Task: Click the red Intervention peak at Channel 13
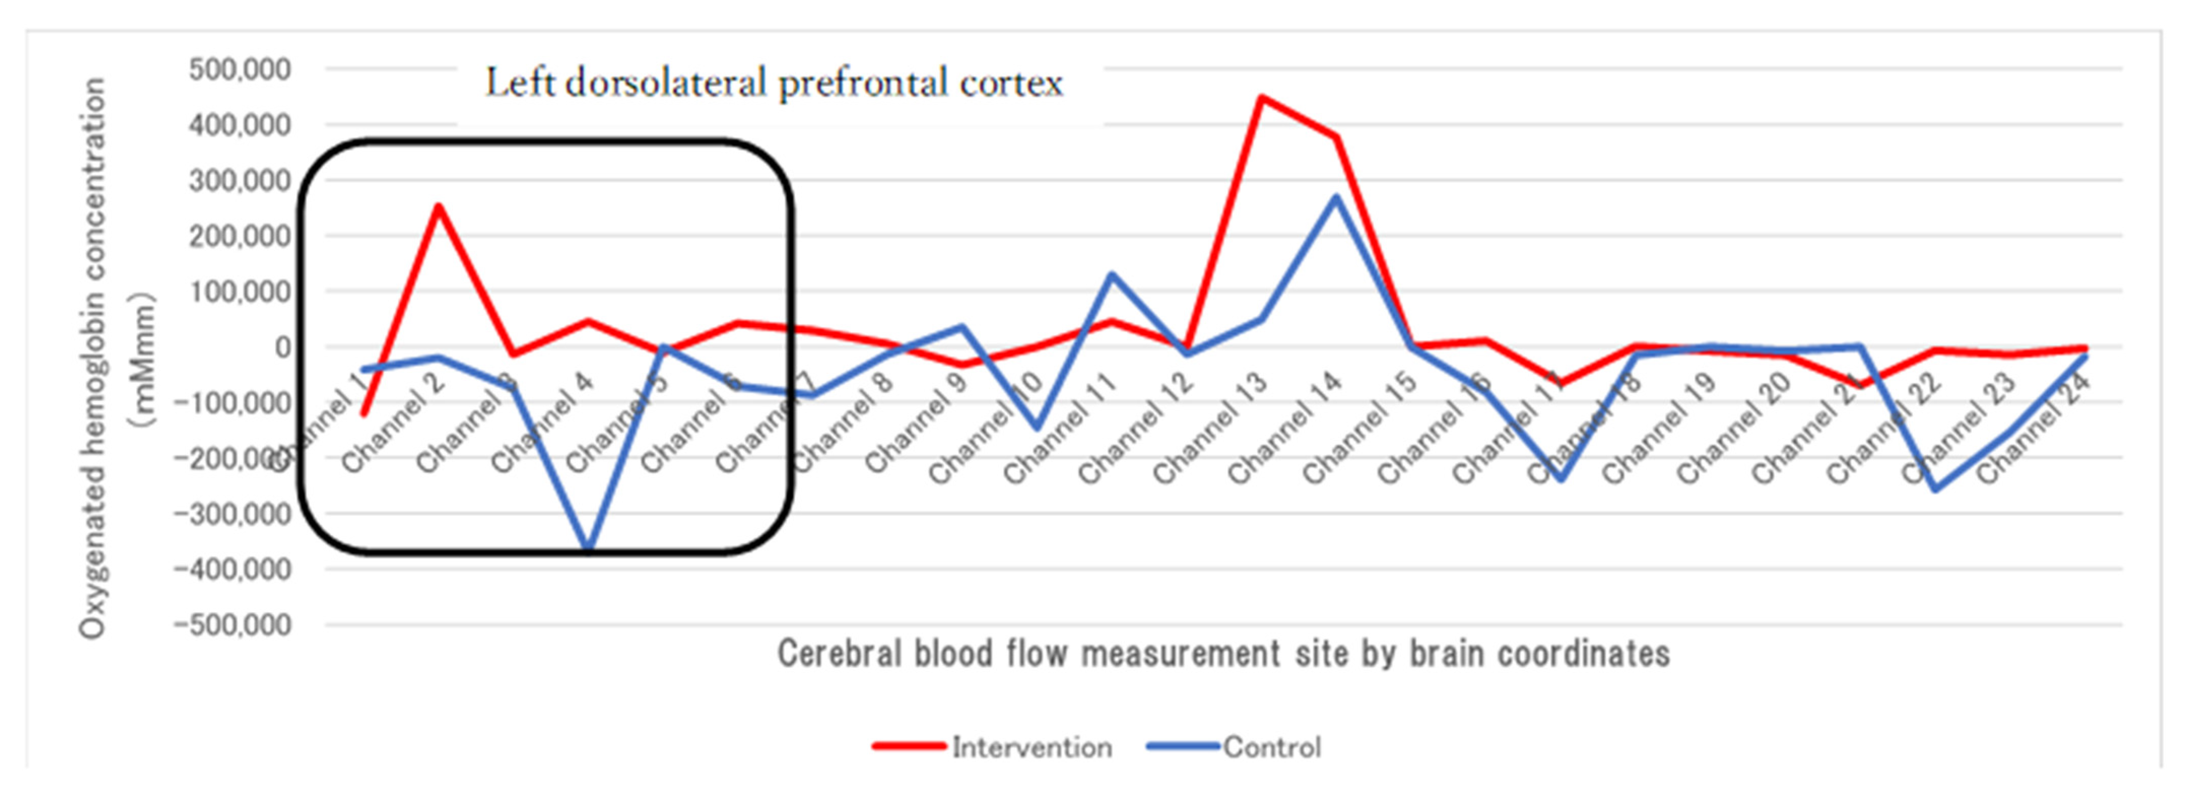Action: (x=1262, y=97)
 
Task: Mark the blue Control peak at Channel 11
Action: (x=1112, y=274)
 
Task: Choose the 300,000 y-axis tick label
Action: (x=240, y=180)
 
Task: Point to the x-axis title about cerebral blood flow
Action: (x=1223, y=654)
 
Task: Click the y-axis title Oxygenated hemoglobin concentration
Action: (x=93, y=356)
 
